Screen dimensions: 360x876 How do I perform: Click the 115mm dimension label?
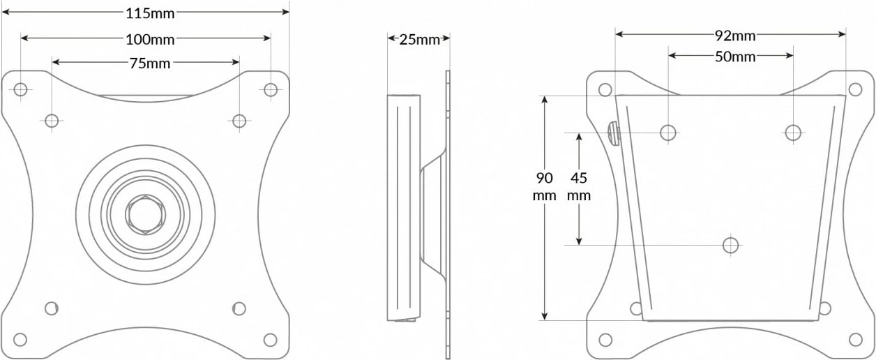[150, 13]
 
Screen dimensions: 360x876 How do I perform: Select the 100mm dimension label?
[150, 38]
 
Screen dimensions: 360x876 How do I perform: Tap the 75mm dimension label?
[150, 63]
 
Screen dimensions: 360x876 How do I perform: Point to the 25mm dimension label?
[420, 39]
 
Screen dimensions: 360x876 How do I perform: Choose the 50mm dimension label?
[735, 57]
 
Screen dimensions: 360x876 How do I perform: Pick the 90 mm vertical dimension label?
[545, 186]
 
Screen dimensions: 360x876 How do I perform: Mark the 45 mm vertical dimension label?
[579, 186]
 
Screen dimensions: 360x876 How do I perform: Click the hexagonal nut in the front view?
[145, 214]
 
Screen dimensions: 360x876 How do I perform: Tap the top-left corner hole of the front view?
[21, 89]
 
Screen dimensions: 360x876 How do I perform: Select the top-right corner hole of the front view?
[271, 89]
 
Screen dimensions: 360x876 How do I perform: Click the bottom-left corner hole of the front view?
[21, 340]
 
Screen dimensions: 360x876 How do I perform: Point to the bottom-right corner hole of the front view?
[271, 340]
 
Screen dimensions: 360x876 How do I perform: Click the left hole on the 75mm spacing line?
[52, 121]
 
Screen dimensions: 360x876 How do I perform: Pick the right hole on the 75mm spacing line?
[239, 121]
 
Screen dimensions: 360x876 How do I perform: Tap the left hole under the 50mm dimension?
[668, 132]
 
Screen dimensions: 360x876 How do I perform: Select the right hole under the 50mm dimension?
[792, 132]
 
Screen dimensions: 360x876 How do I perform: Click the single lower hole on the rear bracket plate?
[730, 245]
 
